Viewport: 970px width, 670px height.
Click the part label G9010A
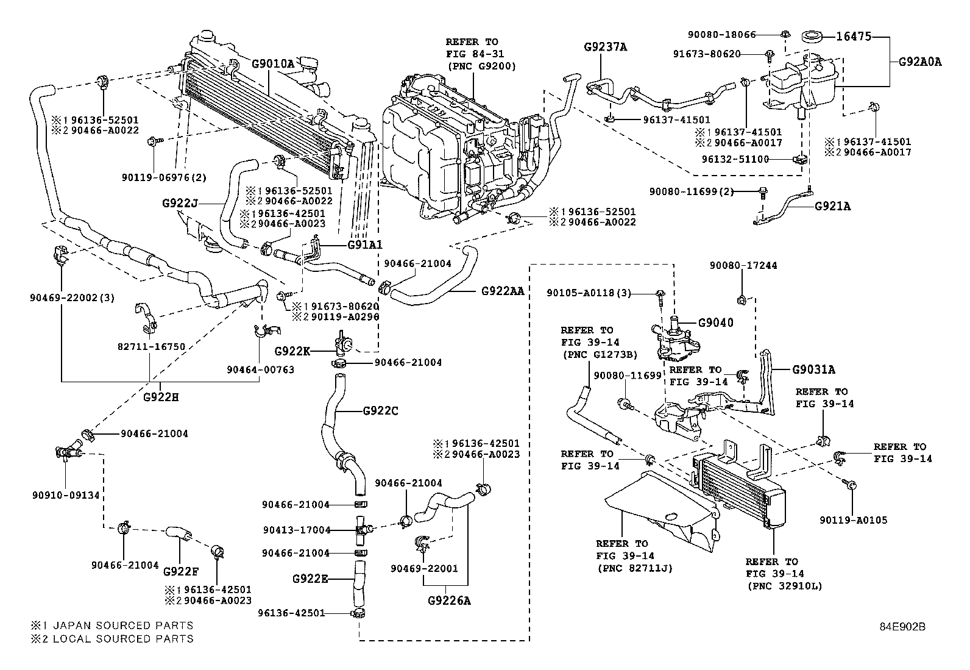[273, 63]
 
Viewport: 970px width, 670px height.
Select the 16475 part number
[853, 37]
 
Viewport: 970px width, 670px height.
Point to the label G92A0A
[920, 62]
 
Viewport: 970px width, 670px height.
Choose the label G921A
[832, 206]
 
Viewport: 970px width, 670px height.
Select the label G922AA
[503, 291]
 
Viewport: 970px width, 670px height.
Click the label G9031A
[813, 369]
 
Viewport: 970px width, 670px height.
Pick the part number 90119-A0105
[853, 520]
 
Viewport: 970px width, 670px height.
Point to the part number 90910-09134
[65, 496]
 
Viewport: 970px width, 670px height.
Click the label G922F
[181, 571]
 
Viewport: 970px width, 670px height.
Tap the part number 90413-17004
[296, 530]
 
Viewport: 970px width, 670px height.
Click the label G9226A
[450, 601]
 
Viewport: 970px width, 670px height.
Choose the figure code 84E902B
[902, 627]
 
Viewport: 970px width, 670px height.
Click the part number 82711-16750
[151, 346]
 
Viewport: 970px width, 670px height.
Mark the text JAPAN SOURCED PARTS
[122, 625]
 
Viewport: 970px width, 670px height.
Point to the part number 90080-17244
[743, 266]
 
